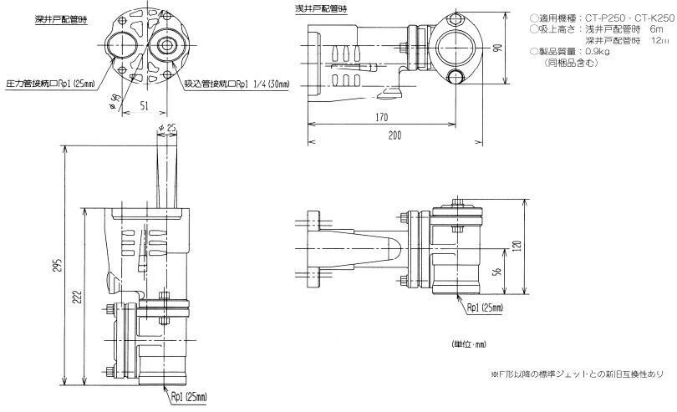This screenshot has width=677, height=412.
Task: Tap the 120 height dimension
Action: tap(517, 247)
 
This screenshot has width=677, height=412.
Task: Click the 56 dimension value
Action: tap(498, 272)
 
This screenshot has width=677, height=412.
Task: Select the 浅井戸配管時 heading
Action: tap(320, 8)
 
